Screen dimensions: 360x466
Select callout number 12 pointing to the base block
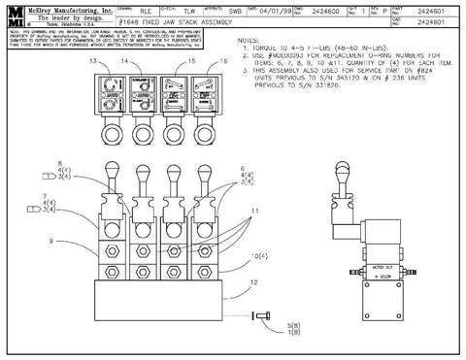click(x=254, y=282)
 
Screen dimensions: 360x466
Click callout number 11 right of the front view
click(x=256, y=210)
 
